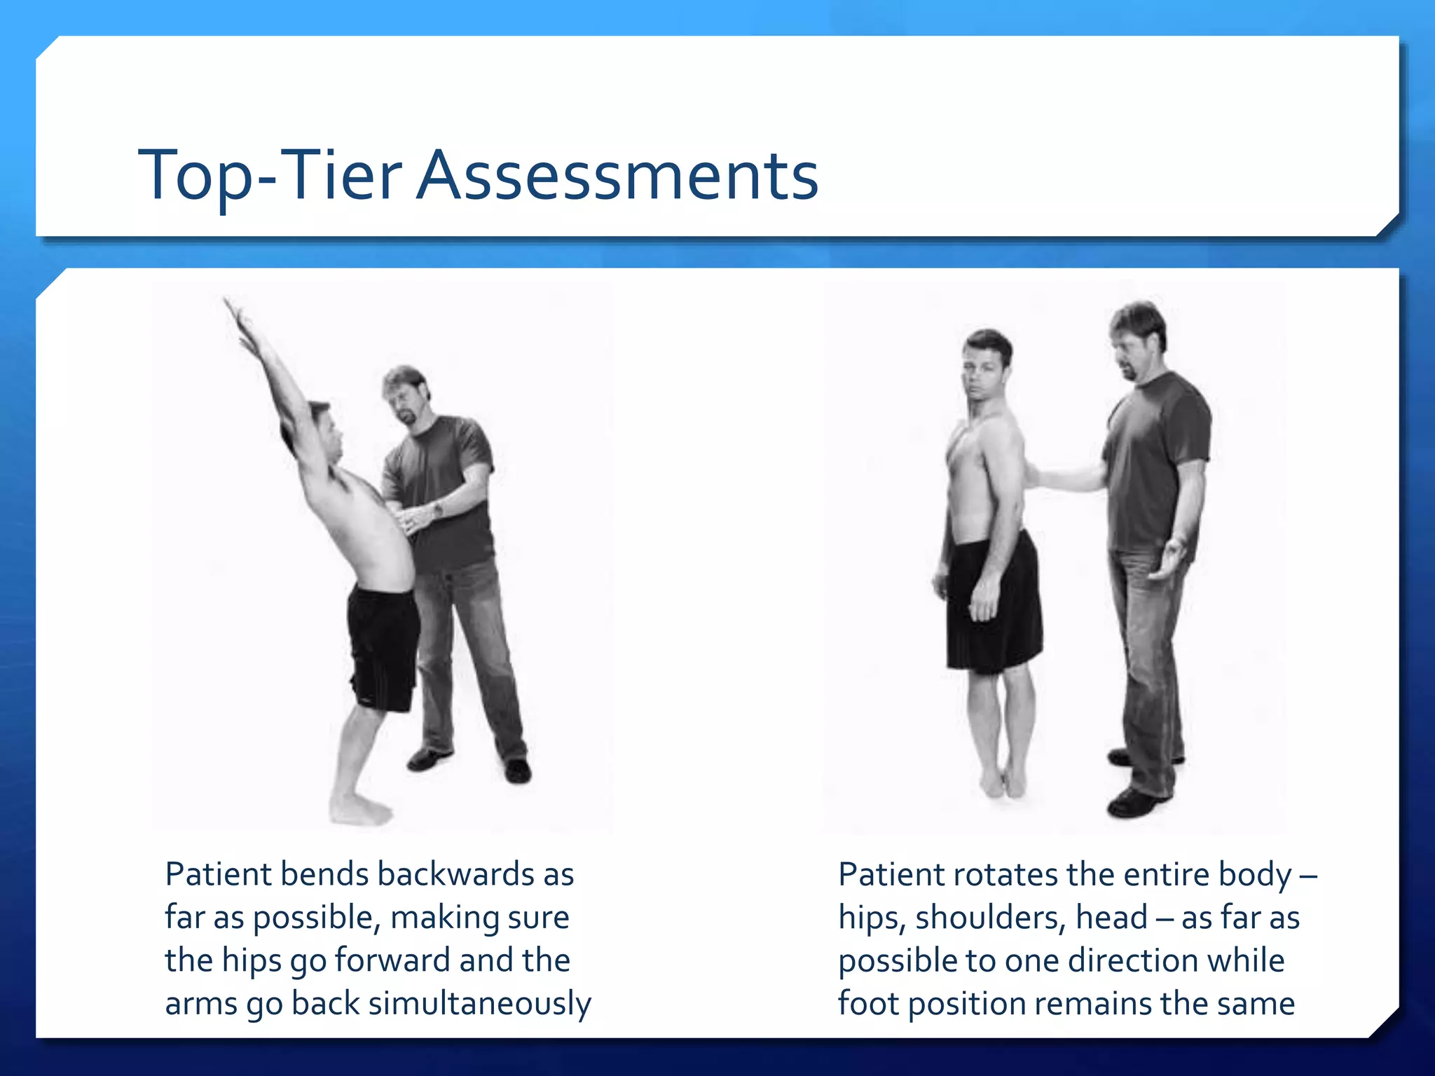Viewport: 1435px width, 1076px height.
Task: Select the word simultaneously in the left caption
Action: (479, 1003)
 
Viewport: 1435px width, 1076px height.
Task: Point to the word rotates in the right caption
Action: (1005, 874)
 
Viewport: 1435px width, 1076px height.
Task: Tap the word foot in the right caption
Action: (867, 1003)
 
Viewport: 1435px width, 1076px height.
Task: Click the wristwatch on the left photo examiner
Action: (439, 509)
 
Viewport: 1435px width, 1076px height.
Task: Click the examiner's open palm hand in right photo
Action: (1169, 560)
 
